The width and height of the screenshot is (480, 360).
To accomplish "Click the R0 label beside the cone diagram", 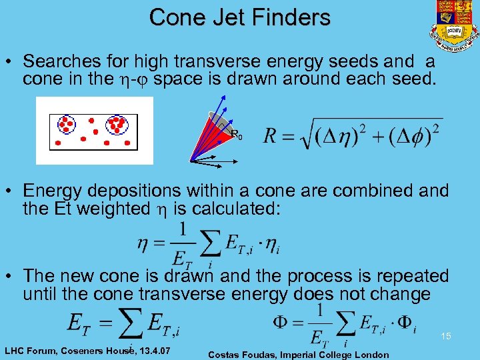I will (x=237, y=135).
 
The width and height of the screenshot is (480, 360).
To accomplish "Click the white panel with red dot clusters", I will (x=94, y=130).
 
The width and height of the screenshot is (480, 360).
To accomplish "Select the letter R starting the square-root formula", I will (x=271, y=135).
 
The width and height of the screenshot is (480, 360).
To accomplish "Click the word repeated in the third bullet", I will (x=408, y=276).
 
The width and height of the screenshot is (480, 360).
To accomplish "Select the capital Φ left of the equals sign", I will (x=282, y=323).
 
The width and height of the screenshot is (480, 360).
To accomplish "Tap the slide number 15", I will (x=445, y=337).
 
